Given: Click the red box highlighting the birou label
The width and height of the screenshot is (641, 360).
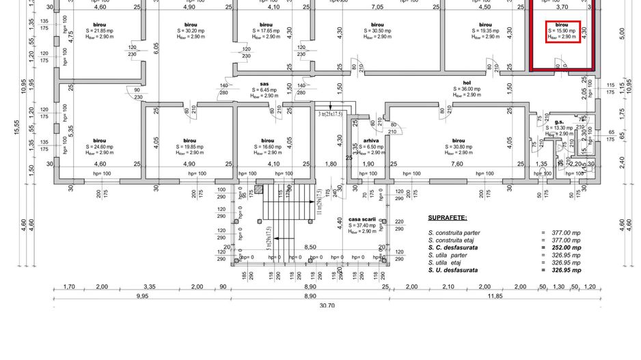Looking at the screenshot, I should click(x=562, y=31).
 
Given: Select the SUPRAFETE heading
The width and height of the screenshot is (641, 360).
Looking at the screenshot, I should click(x=448, y=218).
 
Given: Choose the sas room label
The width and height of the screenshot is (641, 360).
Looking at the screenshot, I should click(x=264, y=83).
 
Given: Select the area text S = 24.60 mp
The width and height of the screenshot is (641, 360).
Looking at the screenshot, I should click(x=100, y=146).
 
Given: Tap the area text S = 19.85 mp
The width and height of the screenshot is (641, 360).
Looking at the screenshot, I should click(x=190, y=146).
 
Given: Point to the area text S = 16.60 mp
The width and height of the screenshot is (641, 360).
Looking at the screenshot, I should click(x=264, y=146).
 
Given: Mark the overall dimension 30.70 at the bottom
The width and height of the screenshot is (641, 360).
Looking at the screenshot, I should click(x=327, y=305).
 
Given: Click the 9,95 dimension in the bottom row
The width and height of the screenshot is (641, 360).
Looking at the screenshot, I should click(x=142, y=296).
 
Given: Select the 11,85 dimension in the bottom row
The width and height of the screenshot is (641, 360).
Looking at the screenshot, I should click(x=495, y=296).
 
